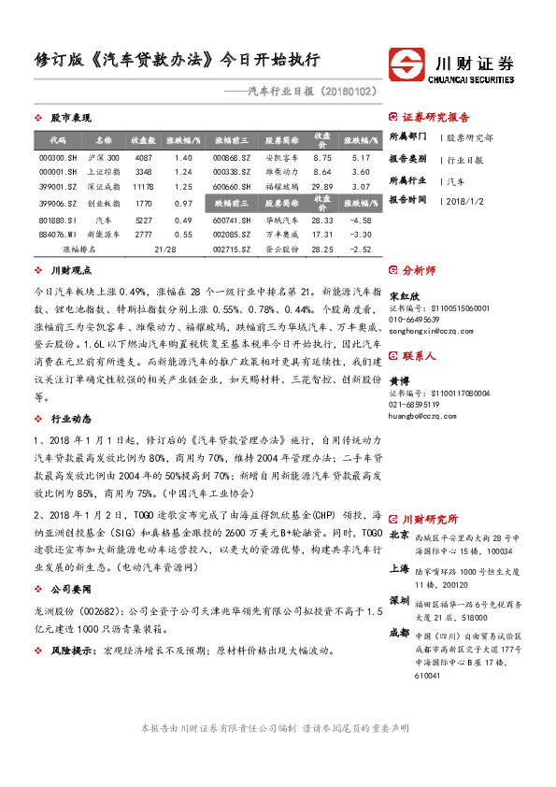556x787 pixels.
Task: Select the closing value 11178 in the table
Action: [143, 187]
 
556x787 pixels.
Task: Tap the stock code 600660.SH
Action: [228, 187]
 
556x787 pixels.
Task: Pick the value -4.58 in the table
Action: [362, 220]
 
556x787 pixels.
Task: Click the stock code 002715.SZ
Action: [228, 250]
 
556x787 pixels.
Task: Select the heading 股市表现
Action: [71, 118]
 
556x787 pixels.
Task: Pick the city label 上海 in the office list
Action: [399, 569]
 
